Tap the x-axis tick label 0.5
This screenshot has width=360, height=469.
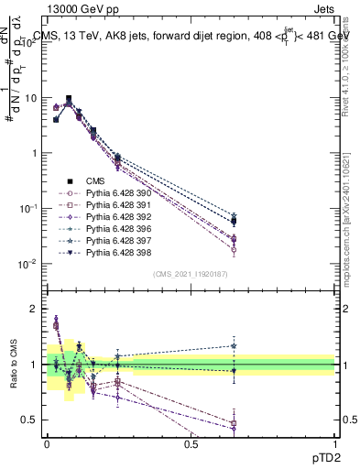[x=191, y=443]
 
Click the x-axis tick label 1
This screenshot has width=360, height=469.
[x=335, y=443]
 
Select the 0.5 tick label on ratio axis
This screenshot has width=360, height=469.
[x=30, y=420]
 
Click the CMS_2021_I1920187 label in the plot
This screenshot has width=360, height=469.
[x=190, y=273]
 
